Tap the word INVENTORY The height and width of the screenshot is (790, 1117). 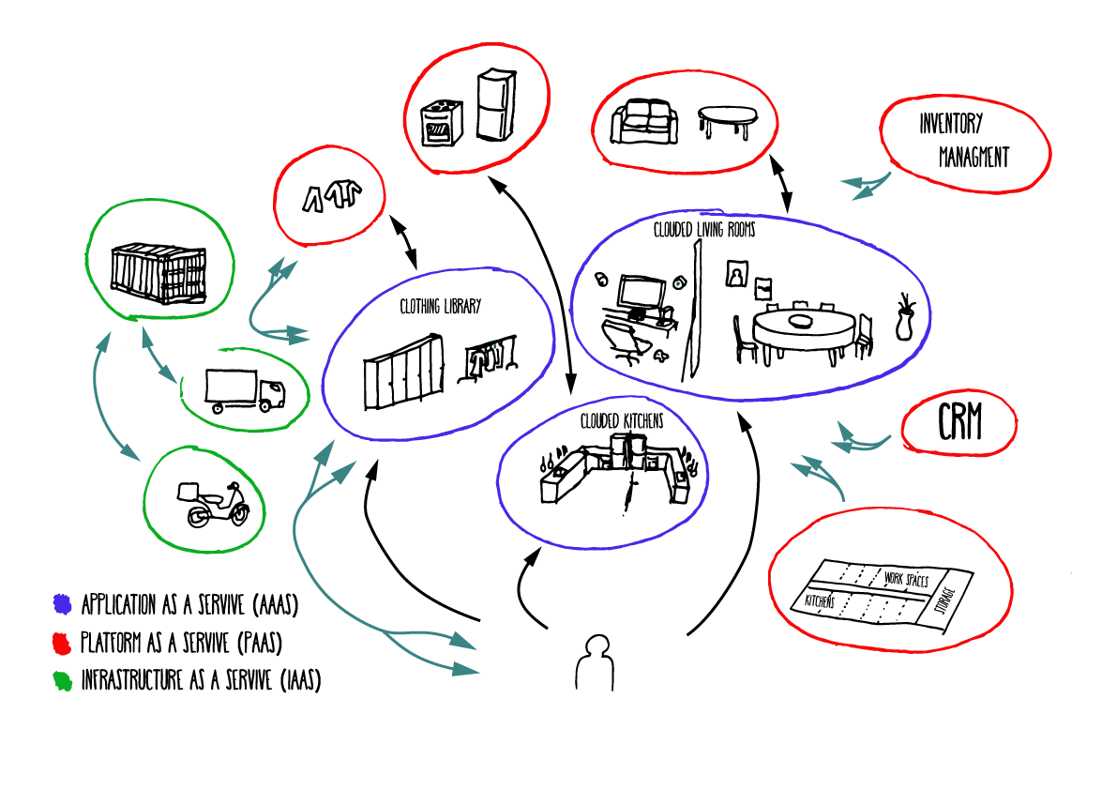pos(950,123)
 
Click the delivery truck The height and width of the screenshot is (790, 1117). pos(244,388)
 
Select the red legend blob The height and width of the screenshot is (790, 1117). pos(63,643)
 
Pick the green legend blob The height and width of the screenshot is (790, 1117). pos(63,680)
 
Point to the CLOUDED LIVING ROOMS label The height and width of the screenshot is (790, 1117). pos(703,229)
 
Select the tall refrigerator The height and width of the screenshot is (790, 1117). pos(493,105)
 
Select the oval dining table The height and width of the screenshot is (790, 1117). pos(803,331)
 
